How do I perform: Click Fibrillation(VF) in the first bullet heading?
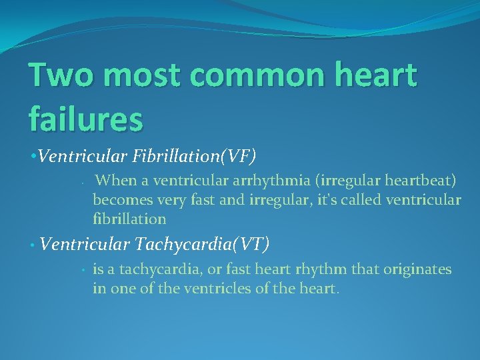point(196,156)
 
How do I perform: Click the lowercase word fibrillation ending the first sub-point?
point(129,218)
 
